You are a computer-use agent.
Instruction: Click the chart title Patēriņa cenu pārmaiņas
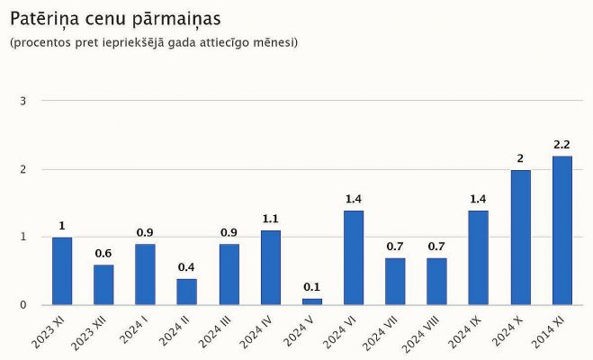(x=115, y=18)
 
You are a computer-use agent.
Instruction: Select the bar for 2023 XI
(x=62, y=271)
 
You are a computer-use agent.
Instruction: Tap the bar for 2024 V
(x=311, y=301)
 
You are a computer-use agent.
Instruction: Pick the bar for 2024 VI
(x=354, y=257)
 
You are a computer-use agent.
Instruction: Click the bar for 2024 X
(x=520, y=238)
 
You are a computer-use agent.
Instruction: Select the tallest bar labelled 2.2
(x=562, y=230)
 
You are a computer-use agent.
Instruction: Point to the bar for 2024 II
(x=187, y=292)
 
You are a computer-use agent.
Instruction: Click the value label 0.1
(x=311, y=287)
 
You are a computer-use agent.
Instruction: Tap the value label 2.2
(x=562, y=144)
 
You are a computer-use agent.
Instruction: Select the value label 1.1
(x=270, y=218)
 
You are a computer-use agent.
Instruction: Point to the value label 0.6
(x=103, y=252)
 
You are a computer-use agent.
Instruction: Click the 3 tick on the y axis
(x=22, y=101)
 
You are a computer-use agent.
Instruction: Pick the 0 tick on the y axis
(x=22, y=305)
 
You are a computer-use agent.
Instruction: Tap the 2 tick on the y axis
(x=22, y=169)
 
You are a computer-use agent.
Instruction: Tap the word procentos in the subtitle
(x=40, y=42)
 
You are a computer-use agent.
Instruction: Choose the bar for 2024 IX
(x=479, y=257)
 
